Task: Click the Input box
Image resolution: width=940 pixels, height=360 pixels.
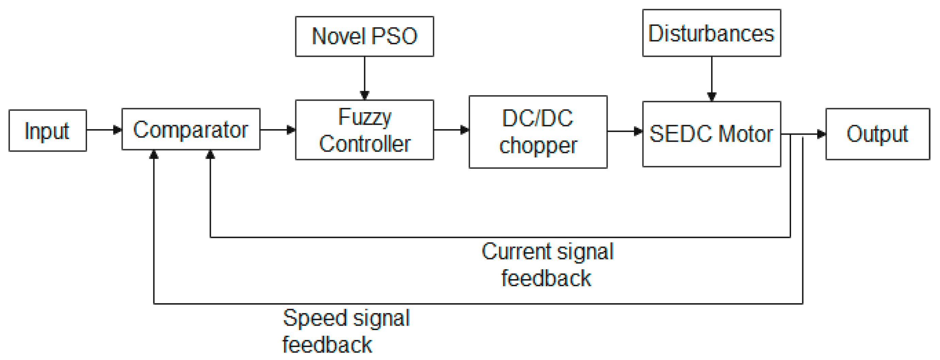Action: pos(47,131)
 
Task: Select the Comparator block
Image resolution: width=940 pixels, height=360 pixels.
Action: pos(190,129)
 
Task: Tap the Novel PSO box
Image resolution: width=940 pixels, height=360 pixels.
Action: pos(364,36)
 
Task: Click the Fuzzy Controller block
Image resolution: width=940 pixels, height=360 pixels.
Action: pos(364,130)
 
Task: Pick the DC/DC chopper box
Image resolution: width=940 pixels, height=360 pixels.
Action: pos(538,132)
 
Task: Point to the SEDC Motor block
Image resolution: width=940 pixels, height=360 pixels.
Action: pos(711,134)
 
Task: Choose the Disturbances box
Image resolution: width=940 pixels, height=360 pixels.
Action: pos(711,33)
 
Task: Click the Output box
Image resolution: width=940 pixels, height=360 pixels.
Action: pos(877,134)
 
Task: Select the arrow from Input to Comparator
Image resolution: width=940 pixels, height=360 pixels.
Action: pos(104,130)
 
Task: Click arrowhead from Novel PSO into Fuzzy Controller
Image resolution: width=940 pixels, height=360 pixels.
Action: pos(364,95)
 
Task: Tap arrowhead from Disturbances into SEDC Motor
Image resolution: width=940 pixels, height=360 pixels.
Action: pos(711,96)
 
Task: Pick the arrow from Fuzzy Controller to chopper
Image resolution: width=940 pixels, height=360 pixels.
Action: pos(451,130)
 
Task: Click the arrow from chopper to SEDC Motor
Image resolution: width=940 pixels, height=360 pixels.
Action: pos(625,131)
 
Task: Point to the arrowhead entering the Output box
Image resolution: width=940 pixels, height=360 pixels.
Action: pos(821,134)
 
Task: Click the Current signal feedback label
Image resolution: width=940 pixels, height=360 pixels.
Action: pos(547,265)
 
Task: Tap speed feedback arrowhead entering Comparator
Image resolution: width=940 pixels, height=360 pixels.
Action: pos(154,155)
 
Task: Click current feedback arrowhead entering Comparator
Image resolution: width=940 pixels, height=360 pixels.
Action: pos(210,155)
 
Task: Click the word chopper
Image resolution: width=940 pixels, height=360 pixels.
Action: pos(538,145)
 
